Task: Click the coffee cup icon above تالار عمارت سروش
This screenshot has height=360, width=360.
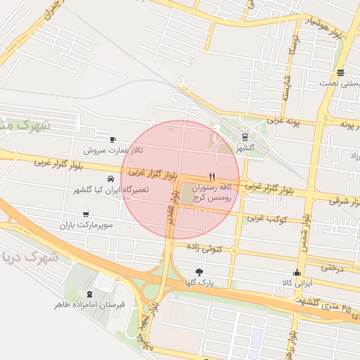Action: pos(113,139)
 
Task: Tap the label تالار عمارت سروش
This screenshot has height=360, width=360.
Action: pos(113,150)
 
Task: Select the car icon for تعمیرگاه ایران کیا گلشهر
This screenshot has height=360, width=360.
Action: pos(110,179)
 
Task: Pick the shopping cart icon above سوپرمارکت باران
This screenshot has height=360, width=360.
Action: pos(86,213)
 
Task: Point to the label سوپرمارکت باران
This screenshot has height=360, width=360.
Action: pos(86,225)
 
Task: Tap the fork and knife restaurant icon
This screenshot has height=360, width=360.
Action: pos(211,176)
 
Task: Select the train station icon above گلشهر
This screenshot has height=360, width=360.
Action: pos(244,137)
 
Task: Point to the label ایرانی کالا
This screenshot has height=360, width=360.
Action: pos(297,283)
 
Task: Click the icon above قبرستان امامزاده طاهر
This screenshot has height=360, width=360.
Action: pos(89,294)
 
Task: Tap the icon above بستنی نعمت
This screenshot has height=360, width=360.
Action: pos(340,72)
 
